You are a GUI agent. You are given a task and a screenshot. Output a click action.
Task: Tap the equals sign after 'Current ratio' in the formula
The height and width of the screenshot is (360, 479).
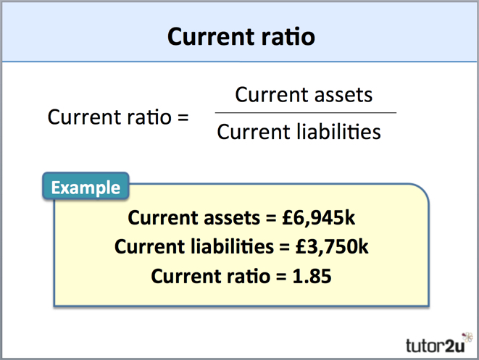click(182, 116)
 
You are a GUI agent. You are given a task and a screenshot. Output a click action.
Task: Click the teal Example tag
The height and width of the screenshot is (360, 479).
click(86, 188)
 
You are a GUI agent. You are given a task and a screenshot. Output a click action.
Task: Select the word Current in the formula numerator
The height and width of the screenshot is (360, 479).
click(268, 94)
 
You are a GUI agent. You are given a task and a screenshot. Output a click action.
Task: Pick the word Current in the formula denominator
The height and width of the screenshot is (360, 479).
click(250, 132)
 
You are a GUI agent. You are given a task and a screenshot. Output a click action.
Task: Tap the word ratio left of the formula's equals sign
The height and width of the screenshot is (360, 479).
click(146, 116)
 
